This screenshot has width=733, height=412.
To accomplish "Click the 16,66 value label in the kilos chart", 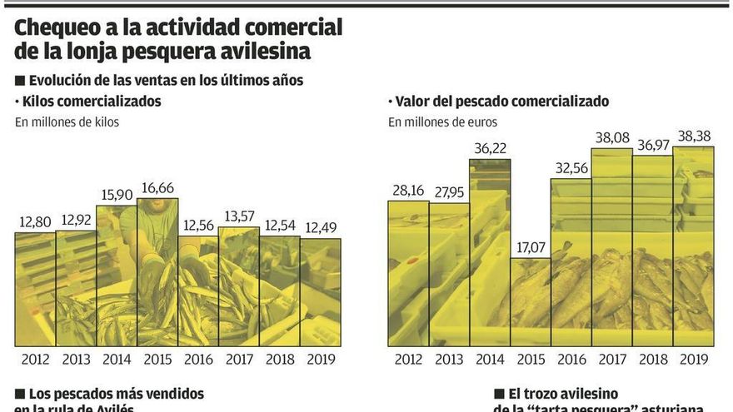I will pos(157,187).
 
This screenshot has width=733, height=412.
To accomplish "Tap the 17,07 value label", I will pos(530,248).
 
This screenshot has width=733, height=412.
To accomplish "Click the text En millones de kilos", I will pos(67,122).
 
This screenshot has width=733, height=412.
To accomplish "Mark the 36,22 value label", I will pos(489,148).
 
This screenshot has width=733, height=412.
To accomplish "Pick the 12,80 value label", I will pos(35,222).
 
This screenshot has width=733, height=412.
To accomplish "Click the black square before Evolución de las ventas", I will pos(20,81).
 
